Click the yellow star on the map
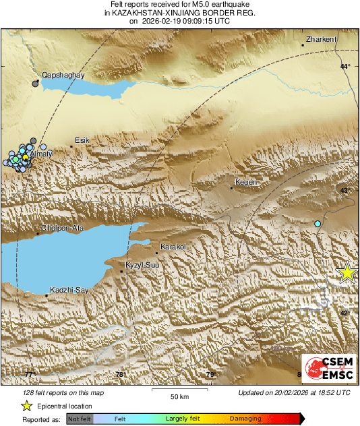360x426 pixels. (347, 272)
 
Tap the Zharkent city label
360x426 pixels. (321, 40)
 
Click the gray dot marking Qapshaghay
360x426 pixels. (36, 84)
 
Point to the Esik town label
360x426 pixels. (82, 140)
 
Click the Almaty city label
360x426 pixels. (41, 154)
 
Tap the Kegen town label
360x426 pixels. (243, 183)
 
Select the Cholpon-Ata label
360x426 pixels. (63, 228)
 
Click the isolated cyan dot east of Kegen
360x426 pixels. (318, 223)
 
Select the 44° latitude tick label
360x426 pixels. (345, 66)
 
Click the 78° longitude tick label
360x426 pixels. (120, 375)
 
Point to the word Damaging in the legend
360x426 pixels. (245, 419)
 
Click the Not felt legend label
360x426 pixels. (80, 419)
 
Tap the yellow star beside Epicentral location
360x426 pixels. (27, 406)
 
